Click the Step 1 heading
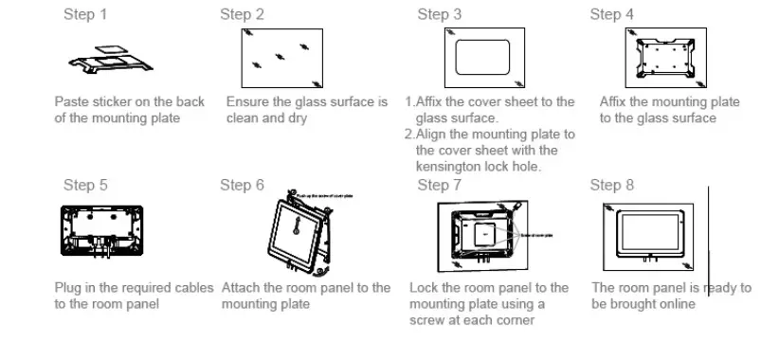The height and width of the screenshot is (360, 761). pyautogui.click(x=84, y=14)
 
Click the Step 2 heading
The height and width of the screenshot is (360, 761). pyautogui.click(x=242, y=14)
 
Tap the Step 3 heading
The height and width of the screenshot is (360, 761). pyautogui.click(x=440, y=14)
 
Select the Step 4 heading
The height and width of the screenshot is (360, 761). pyautogui.click(x=611, y=14)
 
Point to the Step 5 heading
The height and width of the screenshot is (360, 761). pyautogui.click(x=85, y=185)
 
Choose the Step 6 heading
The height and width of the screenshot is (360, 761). pyautogui.click(x=242, y=185)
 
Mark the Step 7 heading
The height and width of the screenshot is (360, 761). pyautogui.click(x=440, y=185)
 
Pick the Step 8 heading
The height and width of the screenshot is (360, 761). pyautogui.click(x=611, y=185)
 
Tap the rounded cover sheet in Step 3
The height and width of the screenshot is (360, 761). pyautogui.click(x=484, y=57)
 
